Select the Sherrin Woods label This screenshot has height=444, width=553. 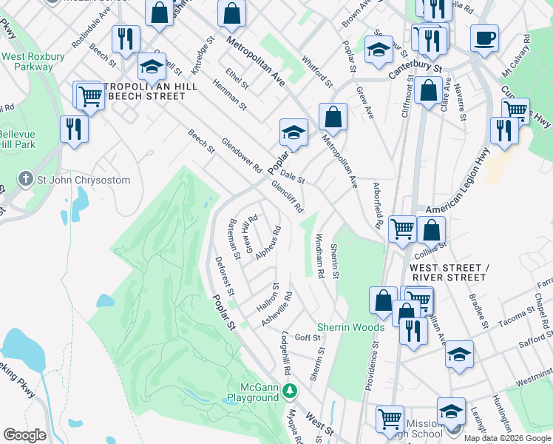[x=350, y=327]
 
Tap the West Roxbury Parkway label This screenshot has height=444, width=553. [x=30, y=61]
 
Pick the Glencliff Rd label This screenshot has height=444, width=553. [x=288, y=198]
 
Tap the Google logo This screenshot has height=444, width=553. [x=24, y=434]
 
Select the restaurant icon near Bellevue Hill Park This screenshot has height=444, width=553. [x=74, y=129]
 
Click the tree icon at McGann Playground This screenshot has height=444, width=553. [x=292, y=388]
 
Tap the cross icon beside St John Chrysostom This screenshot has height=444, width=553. [x=25, y=180]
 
